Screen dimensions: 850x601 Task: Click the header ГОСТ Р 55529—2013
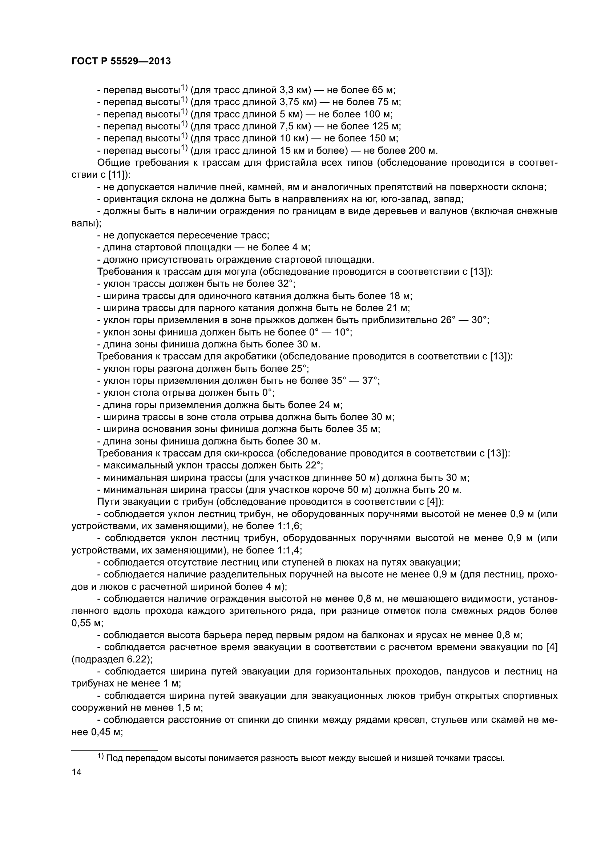coord(121,61)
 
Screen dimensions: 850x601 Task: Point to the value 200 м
coord(423,151)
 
